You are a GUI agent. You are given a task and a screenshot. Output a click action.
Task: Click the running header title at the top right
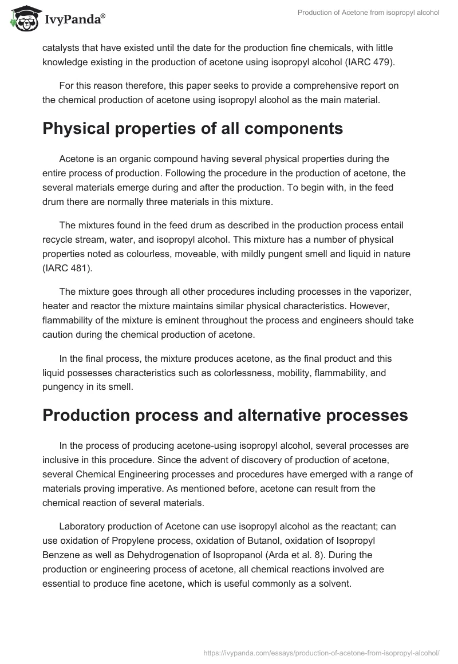click(x=368, y=13)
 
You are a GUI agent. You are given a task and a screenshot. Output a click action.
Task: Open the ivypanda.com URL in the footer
click(x=322, y=652)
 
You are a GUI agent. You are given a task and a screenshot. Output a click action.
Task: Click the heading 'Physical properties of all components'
click(x=192, y=128)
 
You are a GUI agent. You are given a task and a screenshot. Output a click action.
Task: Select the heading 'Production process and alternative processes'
click(x=225, y=415)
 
